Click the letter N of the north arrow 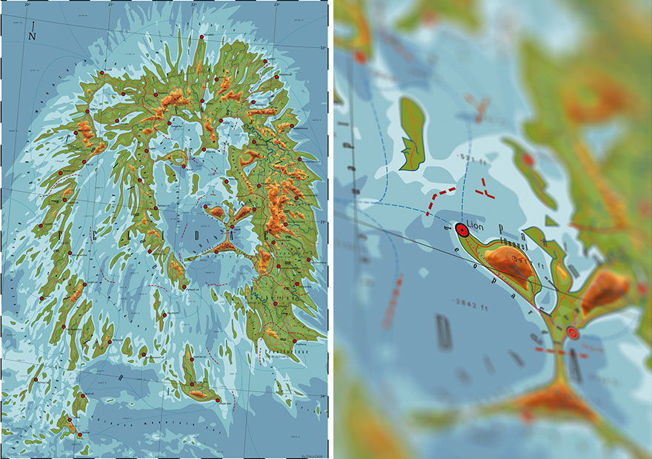(x=32, y=35)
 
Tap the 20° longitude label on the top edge (x=27, y=5)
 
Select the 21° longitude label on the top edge (x=110, y=5)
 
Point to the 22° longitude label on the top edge (x=193, y=5)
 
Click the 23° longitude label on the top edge (x=276, y=5)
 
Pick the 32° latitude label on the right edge (x=323, y=48)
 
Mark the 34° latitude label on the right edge (x=323, y=396)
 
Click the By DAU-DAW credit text (x=312, y=455)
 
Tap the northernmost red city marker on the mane (x=202, y=36)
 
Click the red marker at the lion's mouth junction (x=230, y=228)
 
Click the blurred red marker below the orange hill (x=572, y=333)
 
